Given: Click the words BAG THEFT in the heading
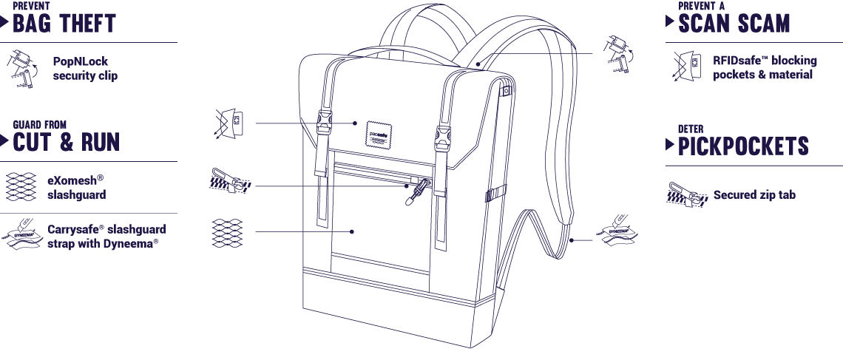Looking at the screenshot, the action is pyautogui.click(x=64, y=24).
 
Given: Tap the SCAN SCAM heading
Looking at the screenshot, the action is pyautogui.click(x=734, y=24).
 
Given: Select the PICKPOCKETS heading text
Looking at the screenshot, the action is pyautogui.click(x=743, y=146).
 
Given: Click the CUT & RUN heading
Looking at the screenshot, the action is pyautogui.click(x=66, y=143).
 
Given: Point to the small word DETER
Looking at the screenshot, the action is pyautogui.click(x=691, y=129).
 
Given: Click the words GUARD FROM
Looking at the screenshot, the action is pyautogui.click(x=40, y=125).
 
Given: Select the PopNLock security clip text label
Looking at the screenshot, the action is pyautogui.click(x=85, y=68).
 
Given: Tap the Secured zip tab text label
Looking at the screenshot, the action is pyautogui.click(x=754, y=194).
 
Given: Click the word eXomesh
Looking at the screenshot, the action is pyautogui.click(x=72, y=180).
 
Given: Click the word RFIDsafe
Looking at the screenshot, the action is pyautogui.click(x=737, y=60).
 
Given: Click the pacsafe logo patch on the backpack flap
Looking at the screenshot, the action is pyautogui.click(x=378, y=133).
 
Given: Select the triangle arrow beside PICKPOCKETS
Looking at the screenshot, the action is pyautogui.click(x=670, y=144).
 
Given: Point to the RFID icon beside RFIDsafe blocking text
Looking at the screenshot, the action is pyautogui.click(x=686, y=66).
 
